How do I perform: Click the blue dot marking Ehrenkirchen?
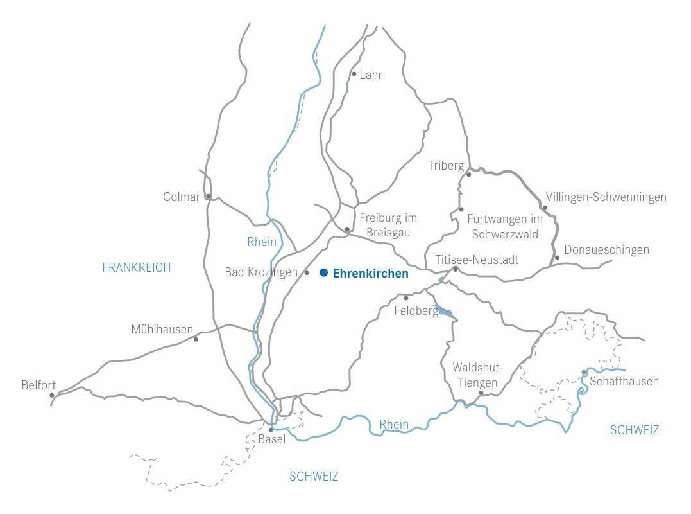324,273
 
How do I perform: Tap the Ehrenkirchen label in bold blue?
370,274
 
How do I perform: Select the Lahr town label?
371,75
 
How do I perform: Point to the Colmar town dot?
208,197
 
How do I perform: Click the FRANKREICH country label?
137,268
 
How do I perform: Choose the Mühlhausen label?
162,330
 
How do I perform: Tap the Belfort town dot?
52,395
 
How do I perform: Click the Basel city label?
271,440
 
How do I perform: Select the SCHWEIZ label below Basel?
314,477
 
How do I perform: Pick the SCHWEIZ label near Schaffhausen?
635,430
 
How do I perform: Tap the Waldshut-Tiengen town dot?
481,393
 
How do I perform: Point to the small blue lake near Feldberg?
444,312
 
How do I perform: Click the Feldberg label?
416,312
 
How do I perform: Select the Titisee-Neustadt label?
477,260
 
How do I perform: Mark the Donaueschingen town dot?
557,258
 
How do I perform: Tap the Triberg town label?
446,166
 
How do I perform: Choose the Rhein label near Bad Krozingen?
262,242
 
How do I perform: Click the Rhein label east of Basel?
394,424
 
